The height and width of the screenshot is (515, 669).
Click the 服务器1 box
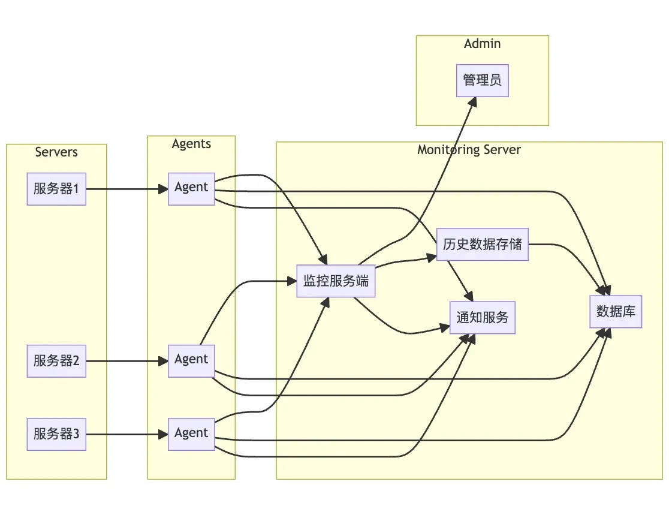56,189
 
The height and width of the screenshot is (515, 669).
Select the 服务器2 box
56,361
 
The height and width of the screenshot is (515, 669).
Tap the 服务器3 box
56,435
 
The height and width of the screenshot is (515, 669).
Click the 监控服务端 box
336,281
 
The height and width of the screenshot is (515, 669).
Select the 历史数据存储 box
483,245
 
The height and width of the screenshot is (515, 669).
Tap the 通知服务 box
483,318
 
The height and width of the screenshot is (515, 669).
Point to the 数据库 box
616,312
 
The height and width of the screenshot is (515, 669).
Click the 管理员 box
483,80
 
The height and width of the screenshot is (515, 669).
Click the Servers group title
56,152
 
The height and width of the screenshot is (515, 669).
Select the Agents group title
191,144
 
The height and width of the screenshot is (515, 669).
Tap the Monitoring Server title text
469,150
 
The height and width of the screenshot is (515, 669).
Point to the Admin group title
483,44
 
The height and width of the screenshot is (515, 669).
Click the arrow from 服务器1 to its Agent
126,189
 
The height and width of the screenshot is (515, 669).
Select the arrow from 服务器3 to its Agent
126,435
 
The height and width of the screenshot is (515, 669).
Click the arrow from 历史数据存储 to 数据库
569,251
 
